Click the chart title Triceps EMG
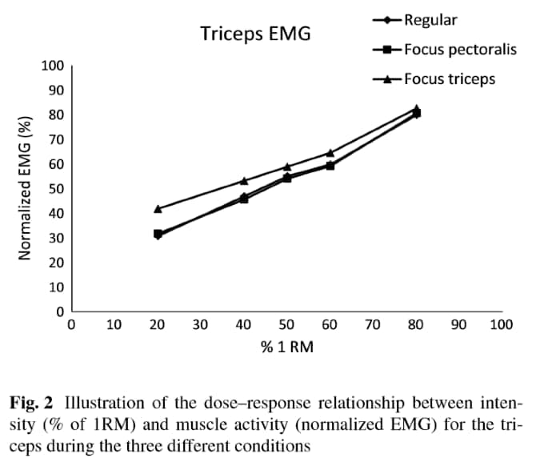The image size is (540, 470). (x=254, y=34)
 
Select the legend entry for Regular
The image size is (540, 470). (x=430, y=20)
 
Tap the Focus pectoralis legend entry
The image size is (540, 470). (x=460, y=50)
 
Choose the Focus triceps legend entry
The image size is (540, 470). (x=450, y=78)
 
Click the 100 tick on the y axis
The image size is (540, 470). (x=52, y=65)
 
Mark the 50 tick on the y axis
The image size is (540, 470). (x=55, y=189)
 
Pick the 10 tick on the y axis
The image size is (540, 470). (x=55, y=287)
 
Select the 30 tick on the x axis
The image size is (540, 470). (x=200, y=325)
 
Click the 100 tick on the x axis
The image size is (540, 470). (x=501, y=325)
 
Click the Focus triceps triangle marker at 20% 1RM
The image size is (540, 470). (x=158, y=208)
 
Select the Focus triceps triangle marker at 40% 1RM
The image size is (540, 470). (x=244, y=181)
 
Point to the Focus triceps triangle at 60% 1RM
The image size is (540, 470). (x=330, y=152)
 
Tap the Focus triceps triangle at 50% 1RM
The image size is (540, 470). (x=286, y=167)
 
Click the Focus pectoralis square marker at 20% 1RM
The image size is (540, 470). (x=158, y=234)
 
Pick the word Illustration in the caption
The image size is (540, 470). (x=102, y=402)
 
